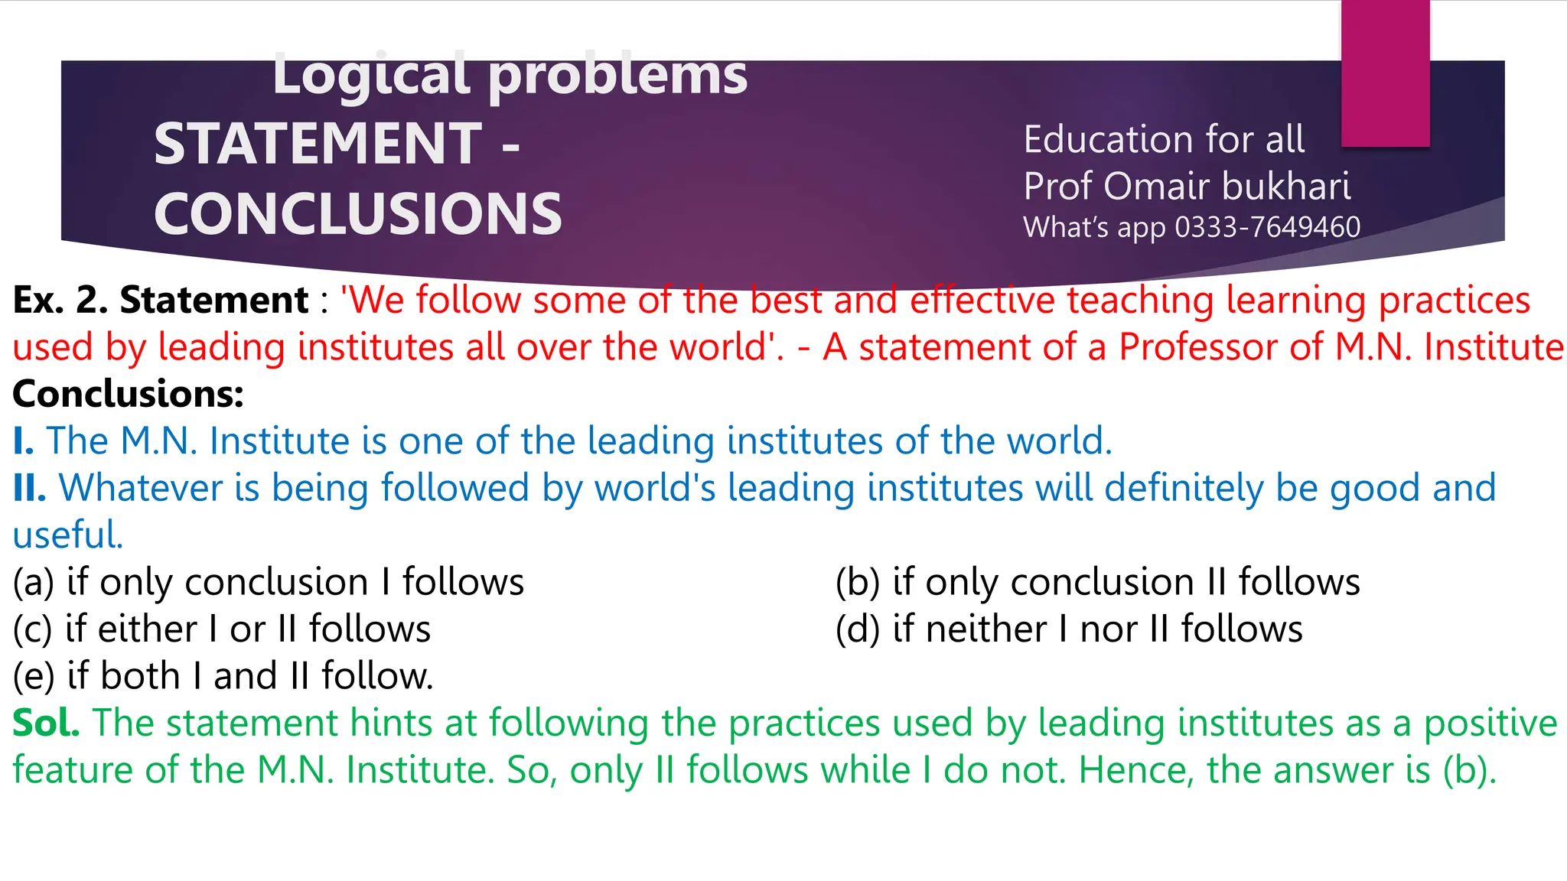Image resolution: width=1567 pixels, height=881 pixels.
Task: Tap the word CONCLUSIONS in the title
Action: [x=358, y=213]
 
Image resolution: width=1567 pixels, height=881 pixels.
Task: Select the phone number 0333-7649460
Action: [x=1267, y=227]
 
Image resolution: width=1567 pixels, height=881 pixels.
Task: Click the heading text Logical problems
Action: [x=510, y=75]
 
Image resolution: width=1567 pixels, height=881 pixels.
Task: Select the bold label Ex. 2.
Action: [x=60, y=300]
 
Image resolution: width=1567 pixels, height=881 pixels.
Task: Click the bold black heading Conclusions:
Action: [x=128, y=394]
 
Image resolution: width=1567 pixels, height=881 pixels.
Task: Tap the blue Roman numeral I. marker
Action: [x=23, y=441]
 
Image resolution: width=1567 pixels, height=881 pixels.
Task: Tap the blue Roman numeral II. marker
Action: [x=29, y=488]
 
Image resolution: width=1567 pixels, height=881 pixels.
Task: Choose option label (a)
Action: [x=33, y=582]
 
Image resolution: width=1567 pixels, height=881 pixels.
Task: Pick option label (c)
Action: [x=32, y=629]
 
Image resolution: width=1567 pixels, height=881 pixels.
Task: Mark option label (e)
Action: [x=33, y=676]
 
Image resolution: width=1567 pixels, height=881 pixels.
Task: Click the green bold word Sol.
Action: [x=46, y=723]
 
